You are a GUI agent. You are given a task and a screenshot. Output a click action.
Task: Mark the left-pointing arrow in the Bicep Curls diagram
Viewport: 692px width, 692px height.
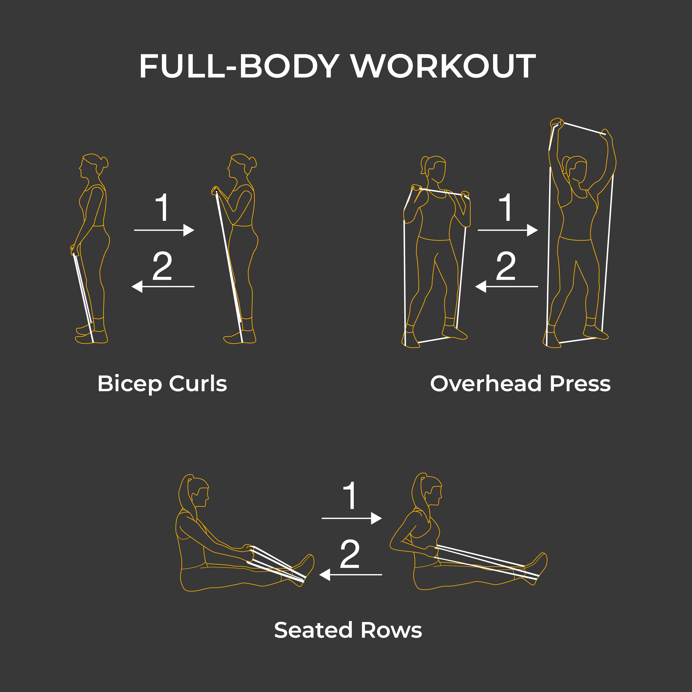[163, 286]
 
